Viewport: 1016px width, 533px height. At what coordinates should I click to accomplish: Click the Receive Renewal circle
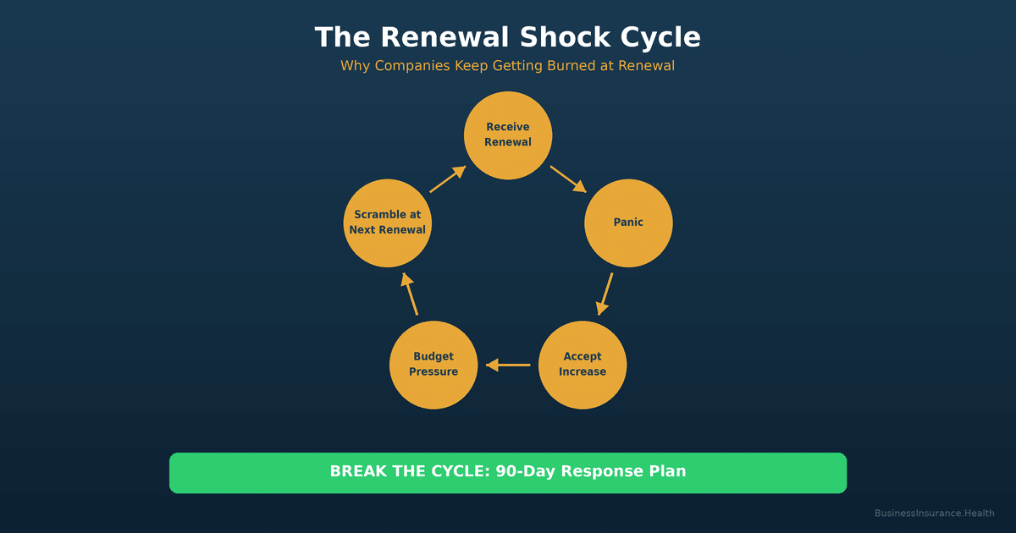coord(508,135)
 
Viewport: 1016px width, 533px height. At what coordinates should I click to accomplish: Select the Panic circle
coord(628,223)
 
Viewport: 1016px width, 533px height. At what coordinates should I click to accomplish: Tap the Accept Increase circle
coord(583,365)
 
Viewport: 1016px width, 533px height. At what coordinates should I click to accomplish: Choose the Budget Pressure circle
coord(433,365)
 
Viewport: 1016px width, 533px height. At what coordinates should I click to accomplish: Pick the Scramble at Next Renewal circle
coord(388,223)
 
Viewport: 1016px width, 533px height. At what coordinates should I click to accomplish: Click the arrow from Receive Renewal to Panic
coord(568,179)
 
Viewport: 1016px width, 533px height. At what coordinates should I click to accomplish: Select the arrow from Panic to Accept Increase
coord(605,294)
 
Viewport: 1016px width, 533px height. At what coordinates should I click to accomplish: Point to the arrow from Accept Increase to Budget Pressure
coord(508,365)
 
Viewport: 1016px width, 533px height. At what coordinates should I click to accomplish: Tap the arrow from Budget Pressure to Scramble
coord(410,294)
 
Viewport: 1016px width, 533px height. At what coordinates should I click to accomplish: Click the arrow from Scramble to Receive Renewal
coord(448,179)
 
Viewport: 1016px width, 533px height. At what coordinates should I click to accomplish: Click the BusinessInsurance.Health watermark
coord(934,513)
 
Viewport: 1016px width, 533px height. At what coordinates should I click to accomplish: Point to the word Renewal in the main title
coord(445,38)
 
